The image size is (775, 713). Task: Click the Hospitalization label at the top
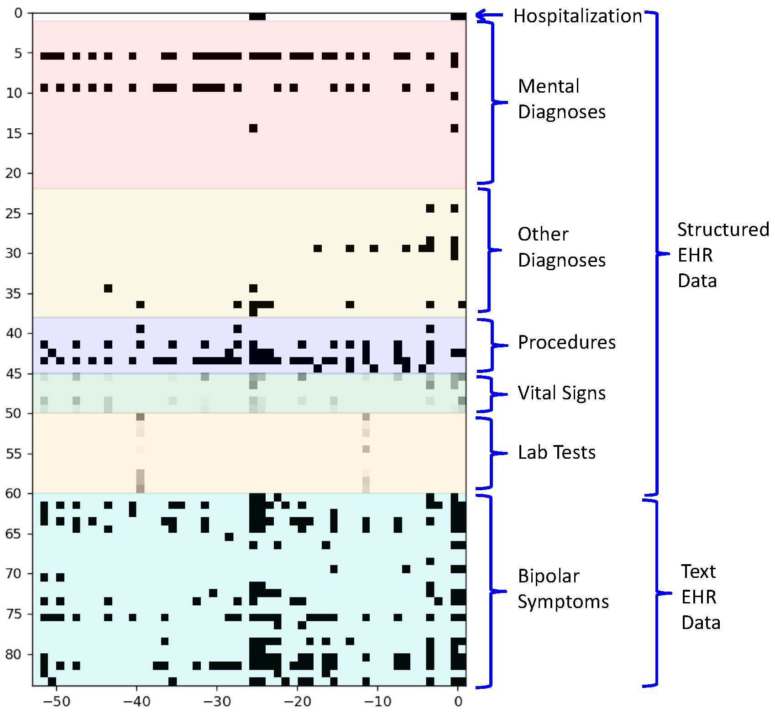[x=577, y=16]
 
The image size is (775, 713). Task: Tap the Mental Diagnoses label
[x=561, y=99]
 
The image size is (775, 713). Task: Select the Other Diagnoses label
[x=561, y=247]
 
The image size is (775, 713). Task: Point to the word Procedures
[x=566, y=342]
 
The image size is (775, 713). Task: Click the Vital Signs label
[x=561, y=393]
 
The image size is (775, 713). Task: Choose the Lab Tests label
[x=556, y=452]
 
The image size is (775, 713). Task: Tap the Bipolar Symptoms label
[x=563, y=589]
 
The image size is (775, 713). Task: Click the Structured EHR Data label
[x=723, y=255]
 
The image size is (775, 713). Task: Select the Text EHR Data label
[x=700, y=597]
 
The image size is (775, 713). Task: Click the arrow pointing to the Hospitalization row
[x=489, y=16]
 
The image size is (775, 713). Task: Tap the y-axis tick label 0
[x=18, y=13]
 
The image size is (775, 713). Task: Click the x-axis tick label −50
[x=56, y=702]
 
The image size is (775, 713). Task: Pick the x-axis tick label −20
[x=297, y=702]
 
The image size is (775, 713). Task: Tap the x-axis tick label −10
[x=377, y=702]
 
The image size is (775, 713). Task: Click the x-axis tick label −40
[x=136, y=702]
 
